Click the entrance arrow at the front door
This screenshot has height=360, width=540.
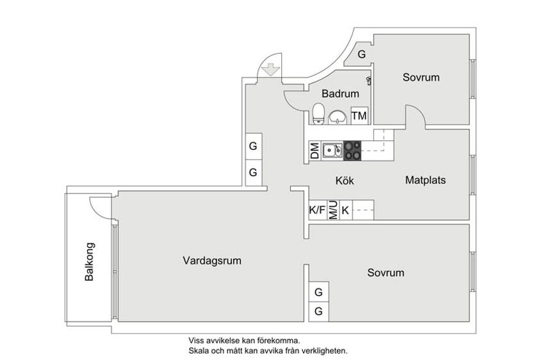[x=271, y=69]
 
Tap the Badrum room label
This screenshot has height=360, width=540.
[x=340, y=94]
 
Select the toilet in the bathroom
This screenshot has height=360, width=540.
[x=318, y=113]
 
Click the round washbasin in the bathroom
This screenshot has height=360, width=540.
[x=337, y=117]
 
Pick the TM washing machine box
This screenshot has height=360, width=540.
[x=359, y=116]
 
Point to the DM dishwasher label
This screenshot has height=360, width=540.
[x=315, y=151]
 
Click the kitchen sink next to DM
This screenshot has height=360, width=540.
[x=332, y=151]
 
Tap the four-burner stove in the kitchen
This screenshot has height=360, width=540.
[x=352, y=151]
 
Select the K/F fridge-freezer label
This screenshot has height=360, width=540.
[x=317, y=210]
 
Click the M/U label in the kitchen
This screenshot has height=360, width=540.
[x=333, y=210]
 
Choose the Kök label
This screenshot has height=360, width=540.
[x=345, y=181]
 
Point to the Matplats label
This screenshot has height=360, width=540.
[x=425, y=180]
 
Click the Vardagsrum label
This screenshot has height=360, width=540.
[x=212, y=261]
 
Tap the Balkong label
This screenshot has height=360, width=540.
[x=89, y=262]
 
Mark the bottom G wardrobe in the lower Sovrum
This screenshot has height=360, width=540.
[x=318, y=311]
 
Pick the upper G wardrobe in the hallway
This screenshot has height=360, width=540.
[x=253, y=146]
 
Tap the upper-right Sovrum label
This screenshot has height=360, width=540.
[x=421, y=77]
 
